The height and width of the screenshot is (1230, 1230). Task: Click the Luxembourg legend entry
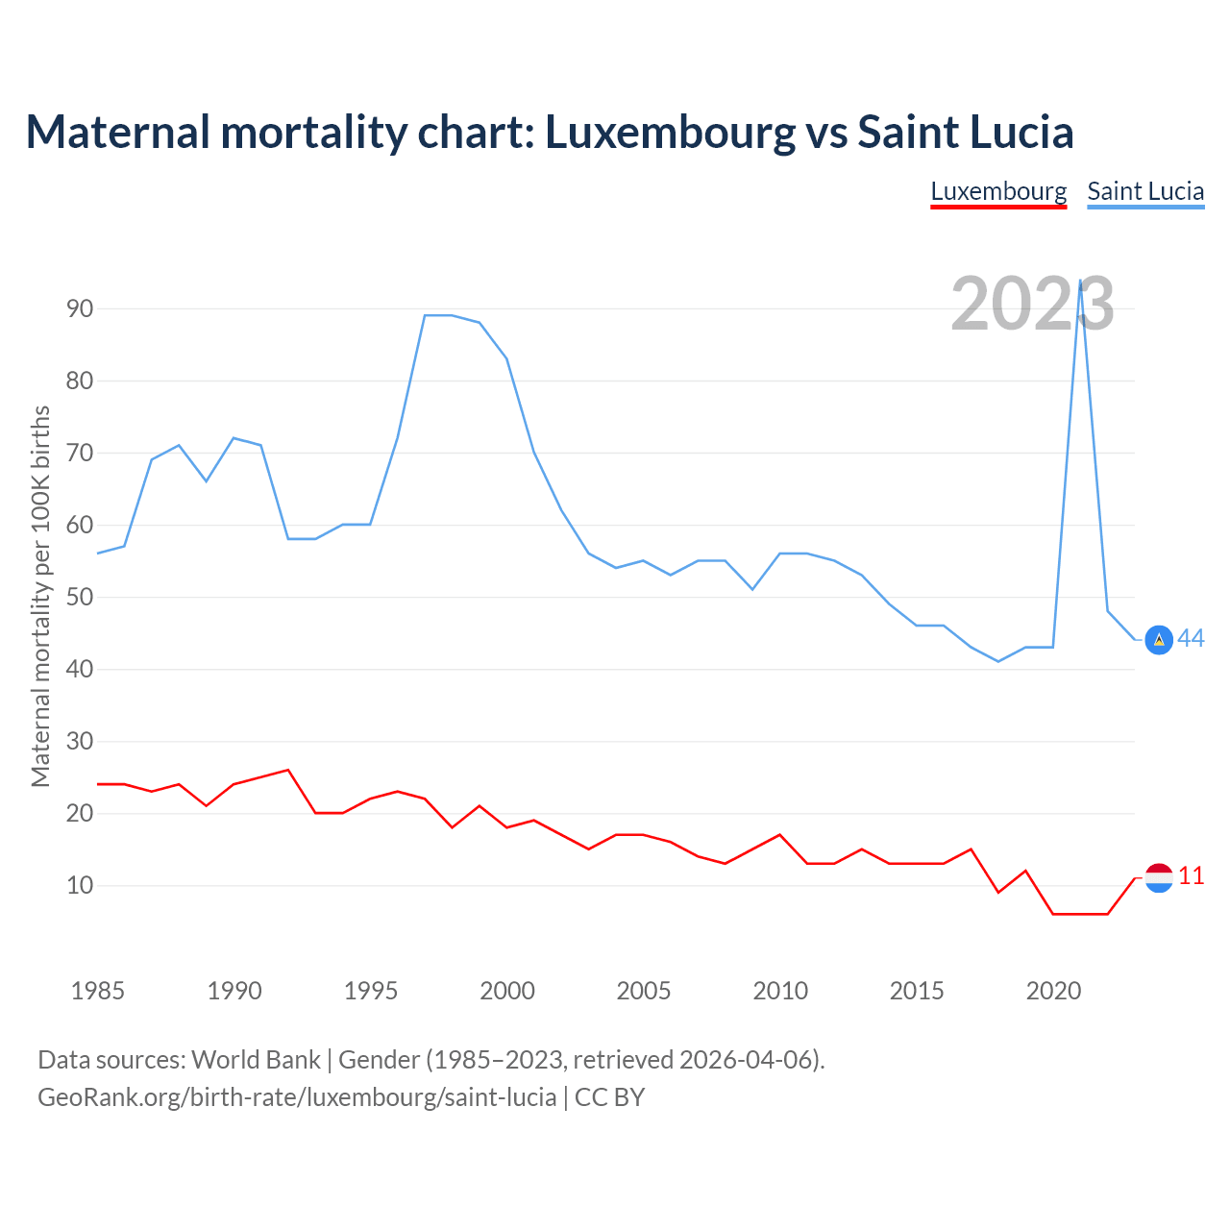click(998, 191)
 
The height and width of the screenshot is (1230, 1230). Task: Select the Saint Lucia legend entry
click(1145, 191)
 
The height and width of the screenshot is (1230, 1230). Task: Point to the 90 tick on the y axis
click(80, 308)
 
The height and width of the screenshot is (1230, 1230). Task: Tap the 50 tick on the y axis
click(80, 597)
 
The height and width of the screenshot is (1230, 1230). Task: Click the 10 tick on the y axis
click(80, 885)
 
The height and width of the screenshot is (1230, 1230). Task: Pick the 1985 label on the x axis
click(98, 991)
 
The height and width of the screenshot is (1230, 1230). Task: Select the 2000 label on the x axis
click(507, 991)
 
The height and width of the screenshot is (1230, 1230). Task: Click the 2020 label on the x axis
click(1053, 991)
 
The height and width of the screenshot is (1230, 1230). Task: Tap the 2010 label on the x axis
click(780, 991)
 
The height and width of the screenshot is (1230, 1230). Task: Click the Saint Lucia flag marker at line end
click(1159, 640)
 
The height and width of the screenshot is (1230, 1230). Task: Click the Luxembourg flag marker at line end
click(1159, 877)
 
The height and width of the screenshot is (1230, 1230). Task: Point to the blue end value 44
click(1192, 639)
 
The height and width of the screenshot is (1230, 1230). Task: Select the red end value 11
click(1192, 876)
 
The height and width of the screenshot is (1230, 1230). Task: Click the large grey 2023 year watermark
click(1032, 305)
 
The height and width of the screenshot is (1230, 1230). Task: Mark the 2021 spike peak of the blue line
click(1081, 281)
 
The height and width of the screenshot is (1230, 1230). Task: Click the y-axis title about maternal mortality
click(40, 596)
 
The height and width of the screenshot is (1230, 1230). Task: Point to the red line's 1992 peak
click(288, 770)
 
